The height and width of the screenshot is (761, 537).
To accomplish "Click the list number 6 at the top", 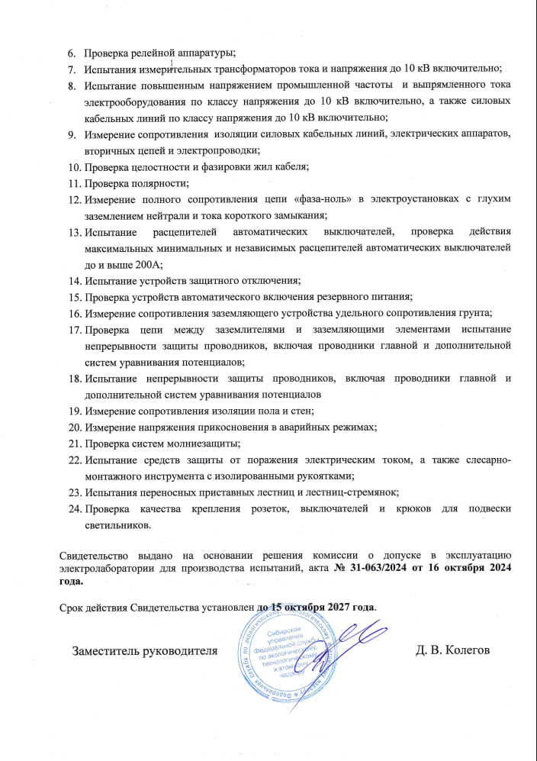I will (72, 53).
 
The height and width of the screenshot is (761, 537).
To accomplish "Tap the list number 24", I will (75, 508).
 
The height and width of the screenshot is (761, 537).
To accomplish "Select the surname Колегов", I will (465, 650).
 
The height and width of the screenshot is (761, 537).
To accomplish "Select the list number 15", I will (75, 296).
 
